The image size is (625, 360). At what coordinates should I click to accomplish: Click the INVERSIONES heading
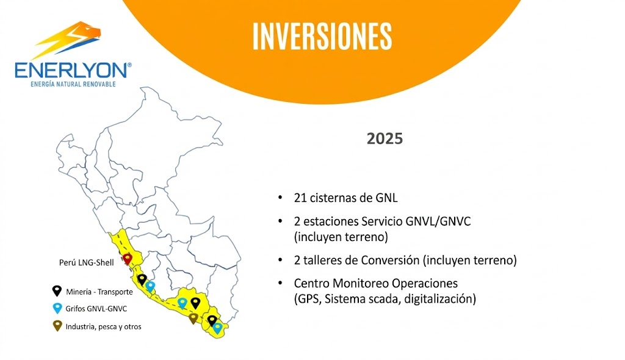[322, 36]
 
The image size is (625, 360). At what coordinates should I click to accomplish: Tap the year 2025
[385, 139]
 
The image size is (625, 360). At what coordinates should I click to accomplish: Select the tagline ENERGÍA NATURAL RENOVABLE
[73, 84]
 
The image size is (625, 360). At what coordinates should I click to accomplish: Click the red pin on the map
[127, 259]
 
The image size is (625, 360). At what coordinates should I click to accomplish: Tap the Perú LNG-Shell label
[87, 262]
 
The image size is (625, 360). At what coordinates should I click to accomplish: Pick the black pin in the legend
[57, 290]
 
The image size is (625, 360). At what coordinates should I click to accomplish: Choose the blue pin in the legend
[57, 308]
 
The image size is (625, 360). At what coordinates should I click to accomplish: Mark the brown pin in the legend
[57, 326]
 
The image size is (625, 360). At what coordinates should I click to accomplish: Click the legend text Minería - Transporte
[99, 292]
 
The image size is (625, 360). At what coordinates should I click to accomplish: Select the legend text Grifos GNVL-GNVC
[96, 309]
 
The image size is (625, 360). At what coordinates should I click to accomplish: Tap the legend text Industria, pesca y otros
[104, 326]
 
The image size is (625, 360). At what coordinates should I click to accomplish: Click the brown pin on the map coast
[193, 318]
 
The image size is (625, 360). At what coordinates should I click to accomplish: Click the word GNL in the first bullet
[386, 198]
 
